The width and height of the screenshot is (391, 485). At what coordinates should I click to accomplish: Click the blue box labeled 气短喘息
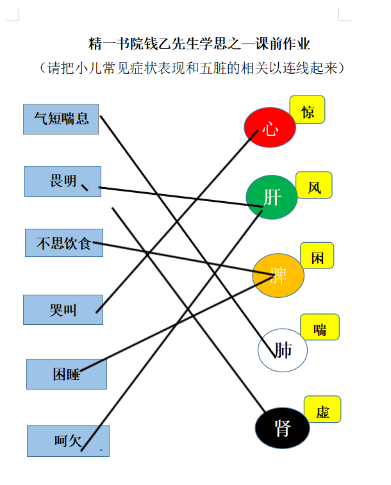point(61,119)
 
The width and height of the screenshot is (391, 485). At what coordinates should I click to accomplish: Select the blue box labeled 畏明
point(63,181)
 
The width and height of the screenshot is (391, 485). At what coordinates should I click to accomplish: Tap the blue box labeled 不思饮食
point(64,243)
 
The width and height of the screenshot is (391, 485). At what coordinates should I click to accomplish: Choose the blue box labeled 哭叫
point(63,309)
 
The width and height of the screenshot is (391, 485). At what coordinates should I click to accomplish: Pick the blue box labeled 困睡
point(67,374)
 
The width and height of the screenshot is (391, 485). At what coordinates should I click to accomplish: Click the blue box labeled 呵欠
point(68,441)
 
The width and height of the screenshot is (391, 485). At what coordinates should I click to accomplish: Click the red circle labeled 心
point(270,127)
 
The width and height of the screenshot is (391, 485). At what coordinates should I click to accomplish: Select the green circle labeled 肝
point(272,197)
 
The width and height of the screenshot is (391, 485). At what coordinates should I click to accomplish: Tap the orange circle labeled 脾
point(278,275)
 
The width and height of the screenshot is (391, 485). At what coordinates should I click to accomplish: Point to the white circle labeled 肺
point(283,350)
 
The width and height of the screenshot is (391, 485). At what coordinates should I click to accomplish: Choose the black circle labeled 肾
point(282,428)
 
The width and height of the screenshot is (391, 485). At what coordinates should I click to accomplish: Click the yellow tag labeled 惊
point(307,110)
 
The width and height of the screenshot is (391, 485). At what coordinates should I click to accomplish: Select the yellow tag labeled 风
point(314,185)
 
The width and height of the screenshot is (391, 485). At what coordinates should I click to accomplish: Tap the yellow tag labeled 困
point(317,256)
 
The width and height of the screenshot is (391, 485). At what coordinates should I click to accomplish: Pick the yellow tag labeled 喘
point(320,327)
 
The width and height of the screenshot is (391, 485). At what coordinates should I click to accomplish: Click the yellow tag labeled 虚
point(322,409)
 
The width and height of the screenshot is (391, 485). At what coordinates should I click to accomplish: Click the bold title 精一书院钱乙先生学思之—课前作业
point(199,44)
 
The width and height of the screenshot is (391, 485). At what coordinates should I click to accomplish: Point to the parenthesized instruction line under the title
point(192,68)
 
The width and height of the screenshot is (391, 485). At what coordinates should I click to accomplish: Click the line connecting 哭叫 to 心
point(177,222)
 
